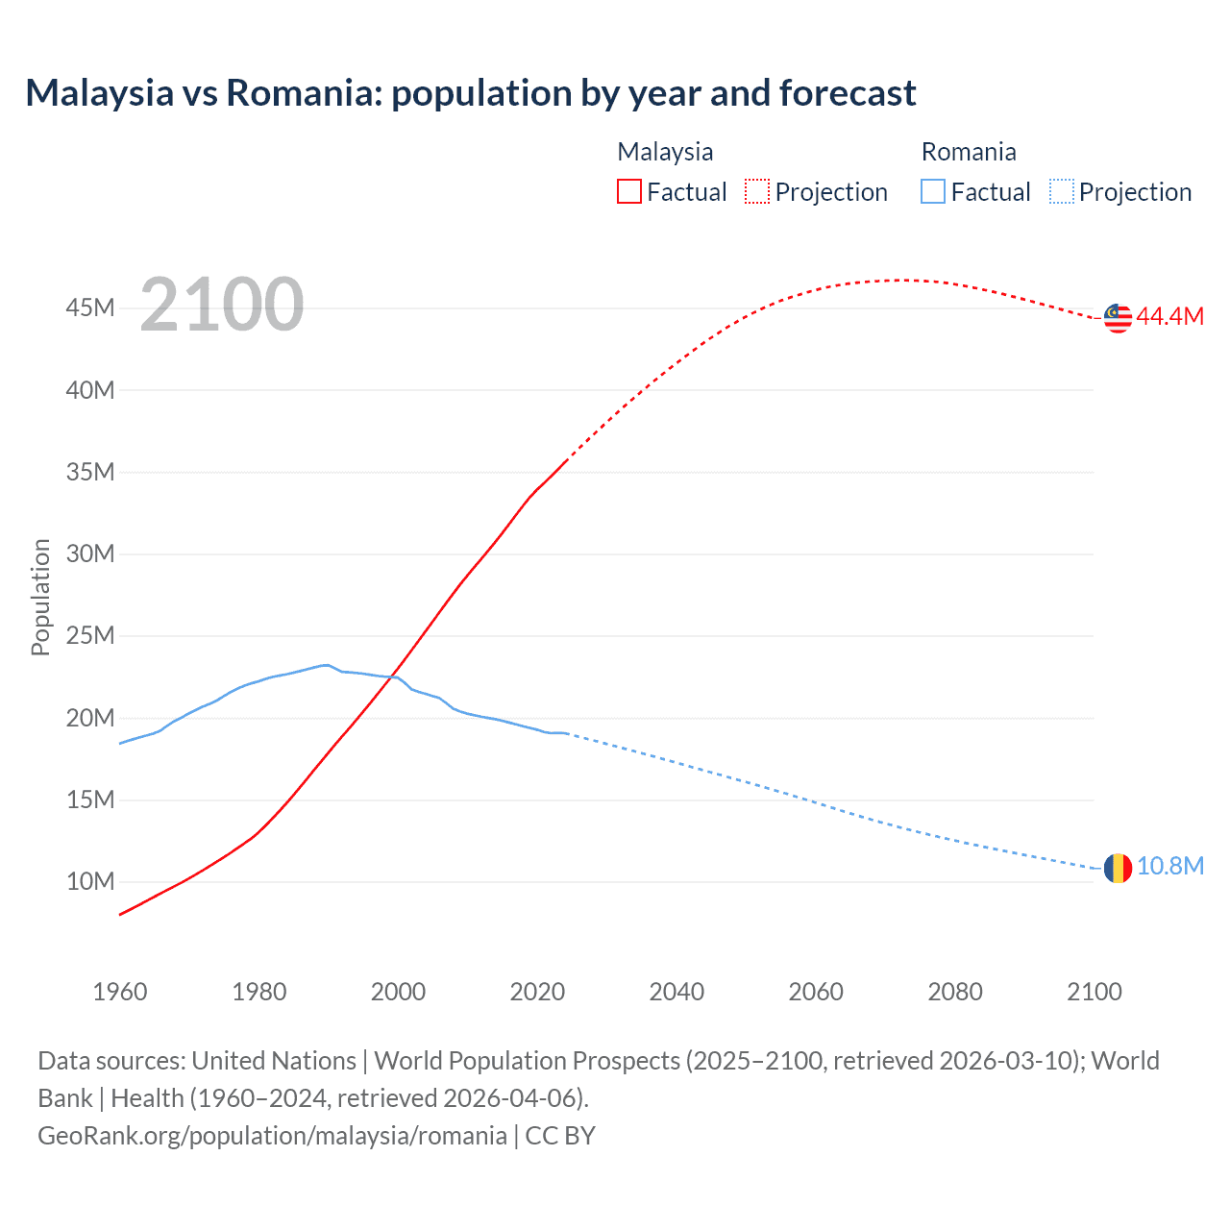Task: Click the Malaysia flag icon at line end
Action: pyautogui.click(x=1118, y=318)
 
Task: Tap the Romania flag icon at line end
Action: pyautogui.click(x=1118, y=868)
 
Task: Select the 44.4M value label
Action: pyautogui.click(x=1169, y=317)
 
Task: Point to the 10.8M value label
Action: pyautogui.click(x=1169, y=867)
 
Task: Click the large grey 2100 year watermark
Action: pyautogui.click(x=221, y=305)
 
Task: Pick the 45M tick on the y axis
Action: pyautogui.click(x=90, y=308)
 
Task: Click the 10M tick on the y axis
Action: pyautogui.click(x=90, y=882)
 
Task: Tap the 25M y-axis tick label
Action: pyautogui.click(x=90, y=636)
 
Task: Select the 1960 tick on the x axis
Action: pyautogui.click(x=120, y=992)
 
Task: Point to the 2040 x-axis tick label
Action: pyautogui.click(x=676, y=992)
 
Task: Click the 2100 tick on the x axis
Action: pyautogui.click(x=1094, y=992)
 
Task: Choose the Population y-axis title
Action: pyautogui.click(x=40, y=597)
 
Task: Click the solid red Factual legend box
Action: pyautogui.click(x=629, y=192)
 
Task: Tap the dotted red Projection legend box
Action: pyautogui.click(x=757, y=192)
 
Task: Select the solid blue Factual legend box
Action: pyautogui.click(x=933, y=192)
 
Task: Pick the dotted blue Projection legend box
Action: pyautogui.click(x=1061, y=192)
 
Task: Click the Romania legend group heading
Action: pyautogui.click(x=968, y=152)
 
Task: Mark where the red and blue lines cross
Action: pyautogui.click(x=392, y=676)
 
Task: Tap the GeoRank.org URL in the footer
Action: pyautogui.click(x=272, y=1136)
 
